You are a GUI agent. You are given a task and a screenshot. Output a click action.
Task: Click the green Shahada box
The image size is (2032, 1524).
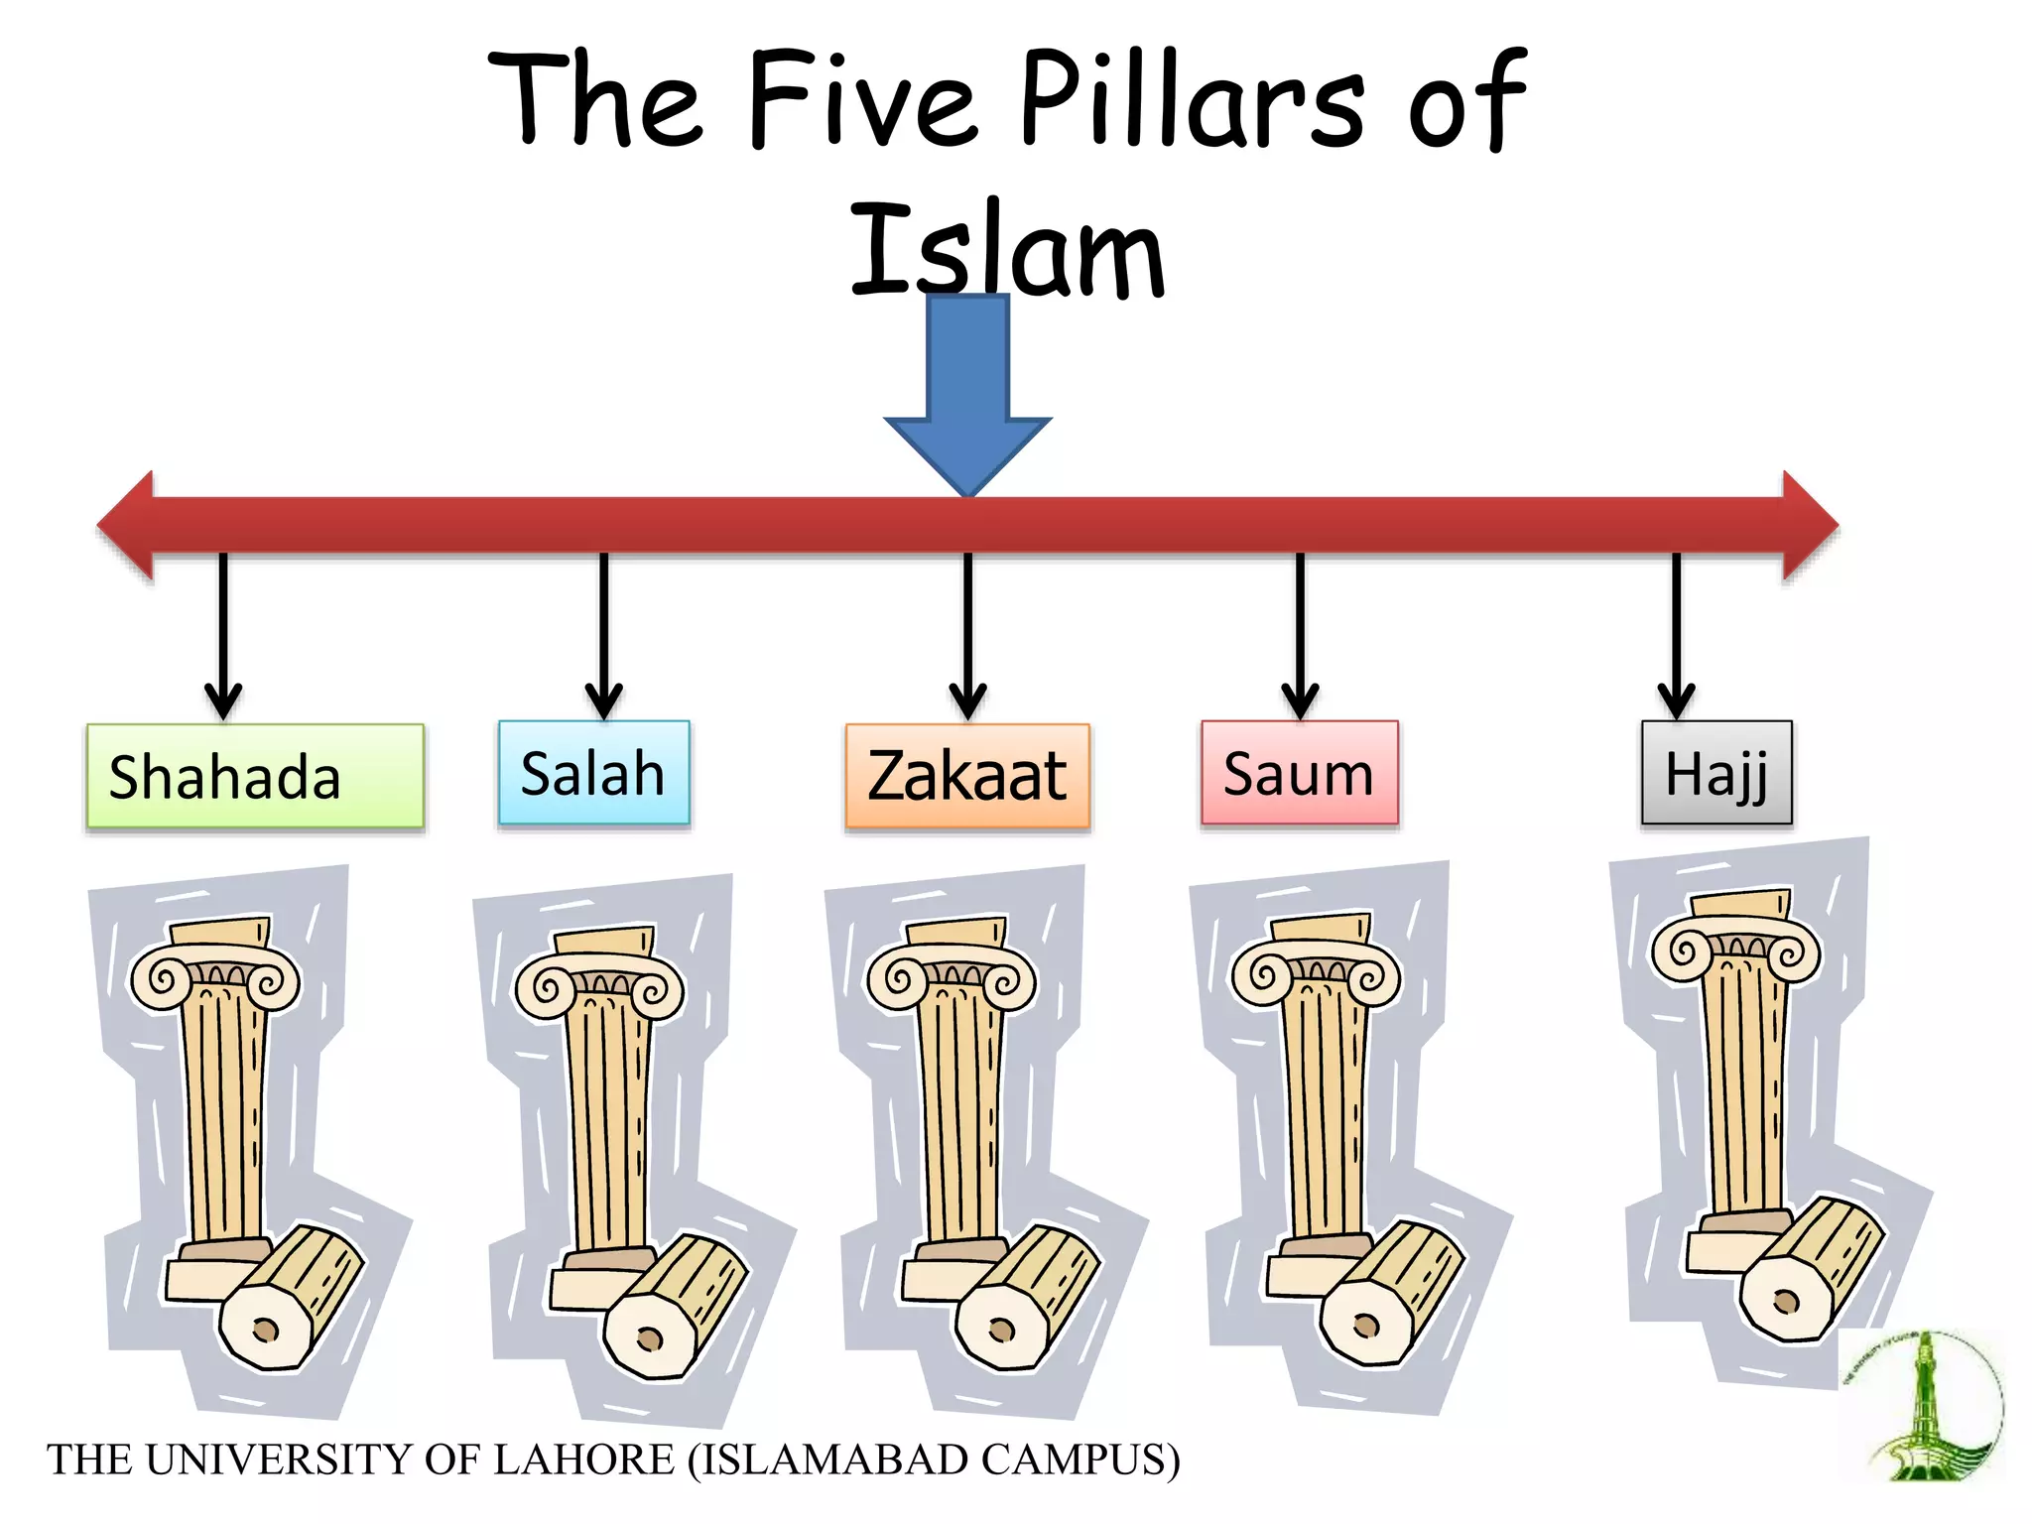tap(254, 776)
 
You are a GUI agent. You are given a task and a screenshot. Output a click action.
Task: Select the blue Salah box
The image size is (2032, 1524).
tap(593, 773)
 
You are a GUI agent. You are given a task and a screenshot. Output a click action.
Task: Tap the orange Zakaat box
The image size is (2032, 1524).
tap(967, 776)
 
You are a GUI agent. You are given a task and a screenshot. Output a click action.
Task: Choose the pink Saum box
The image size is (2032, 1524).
tap(1299, 773)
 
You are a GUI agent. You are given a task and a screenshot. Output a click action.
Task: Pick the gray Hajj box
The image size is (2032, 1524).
tap(1716, 773)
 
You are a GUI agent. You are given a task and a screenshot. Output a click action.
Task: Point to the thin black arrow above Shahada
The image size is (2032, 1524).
tap(223, 635)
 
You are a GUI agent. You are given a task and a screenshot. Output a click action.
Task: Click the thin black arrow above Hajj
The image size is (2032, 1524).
tap(1676, 635)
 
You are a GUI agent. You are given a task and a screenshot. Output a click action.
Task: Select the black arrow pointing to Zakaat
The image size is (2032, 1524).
tap(967, 635)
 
